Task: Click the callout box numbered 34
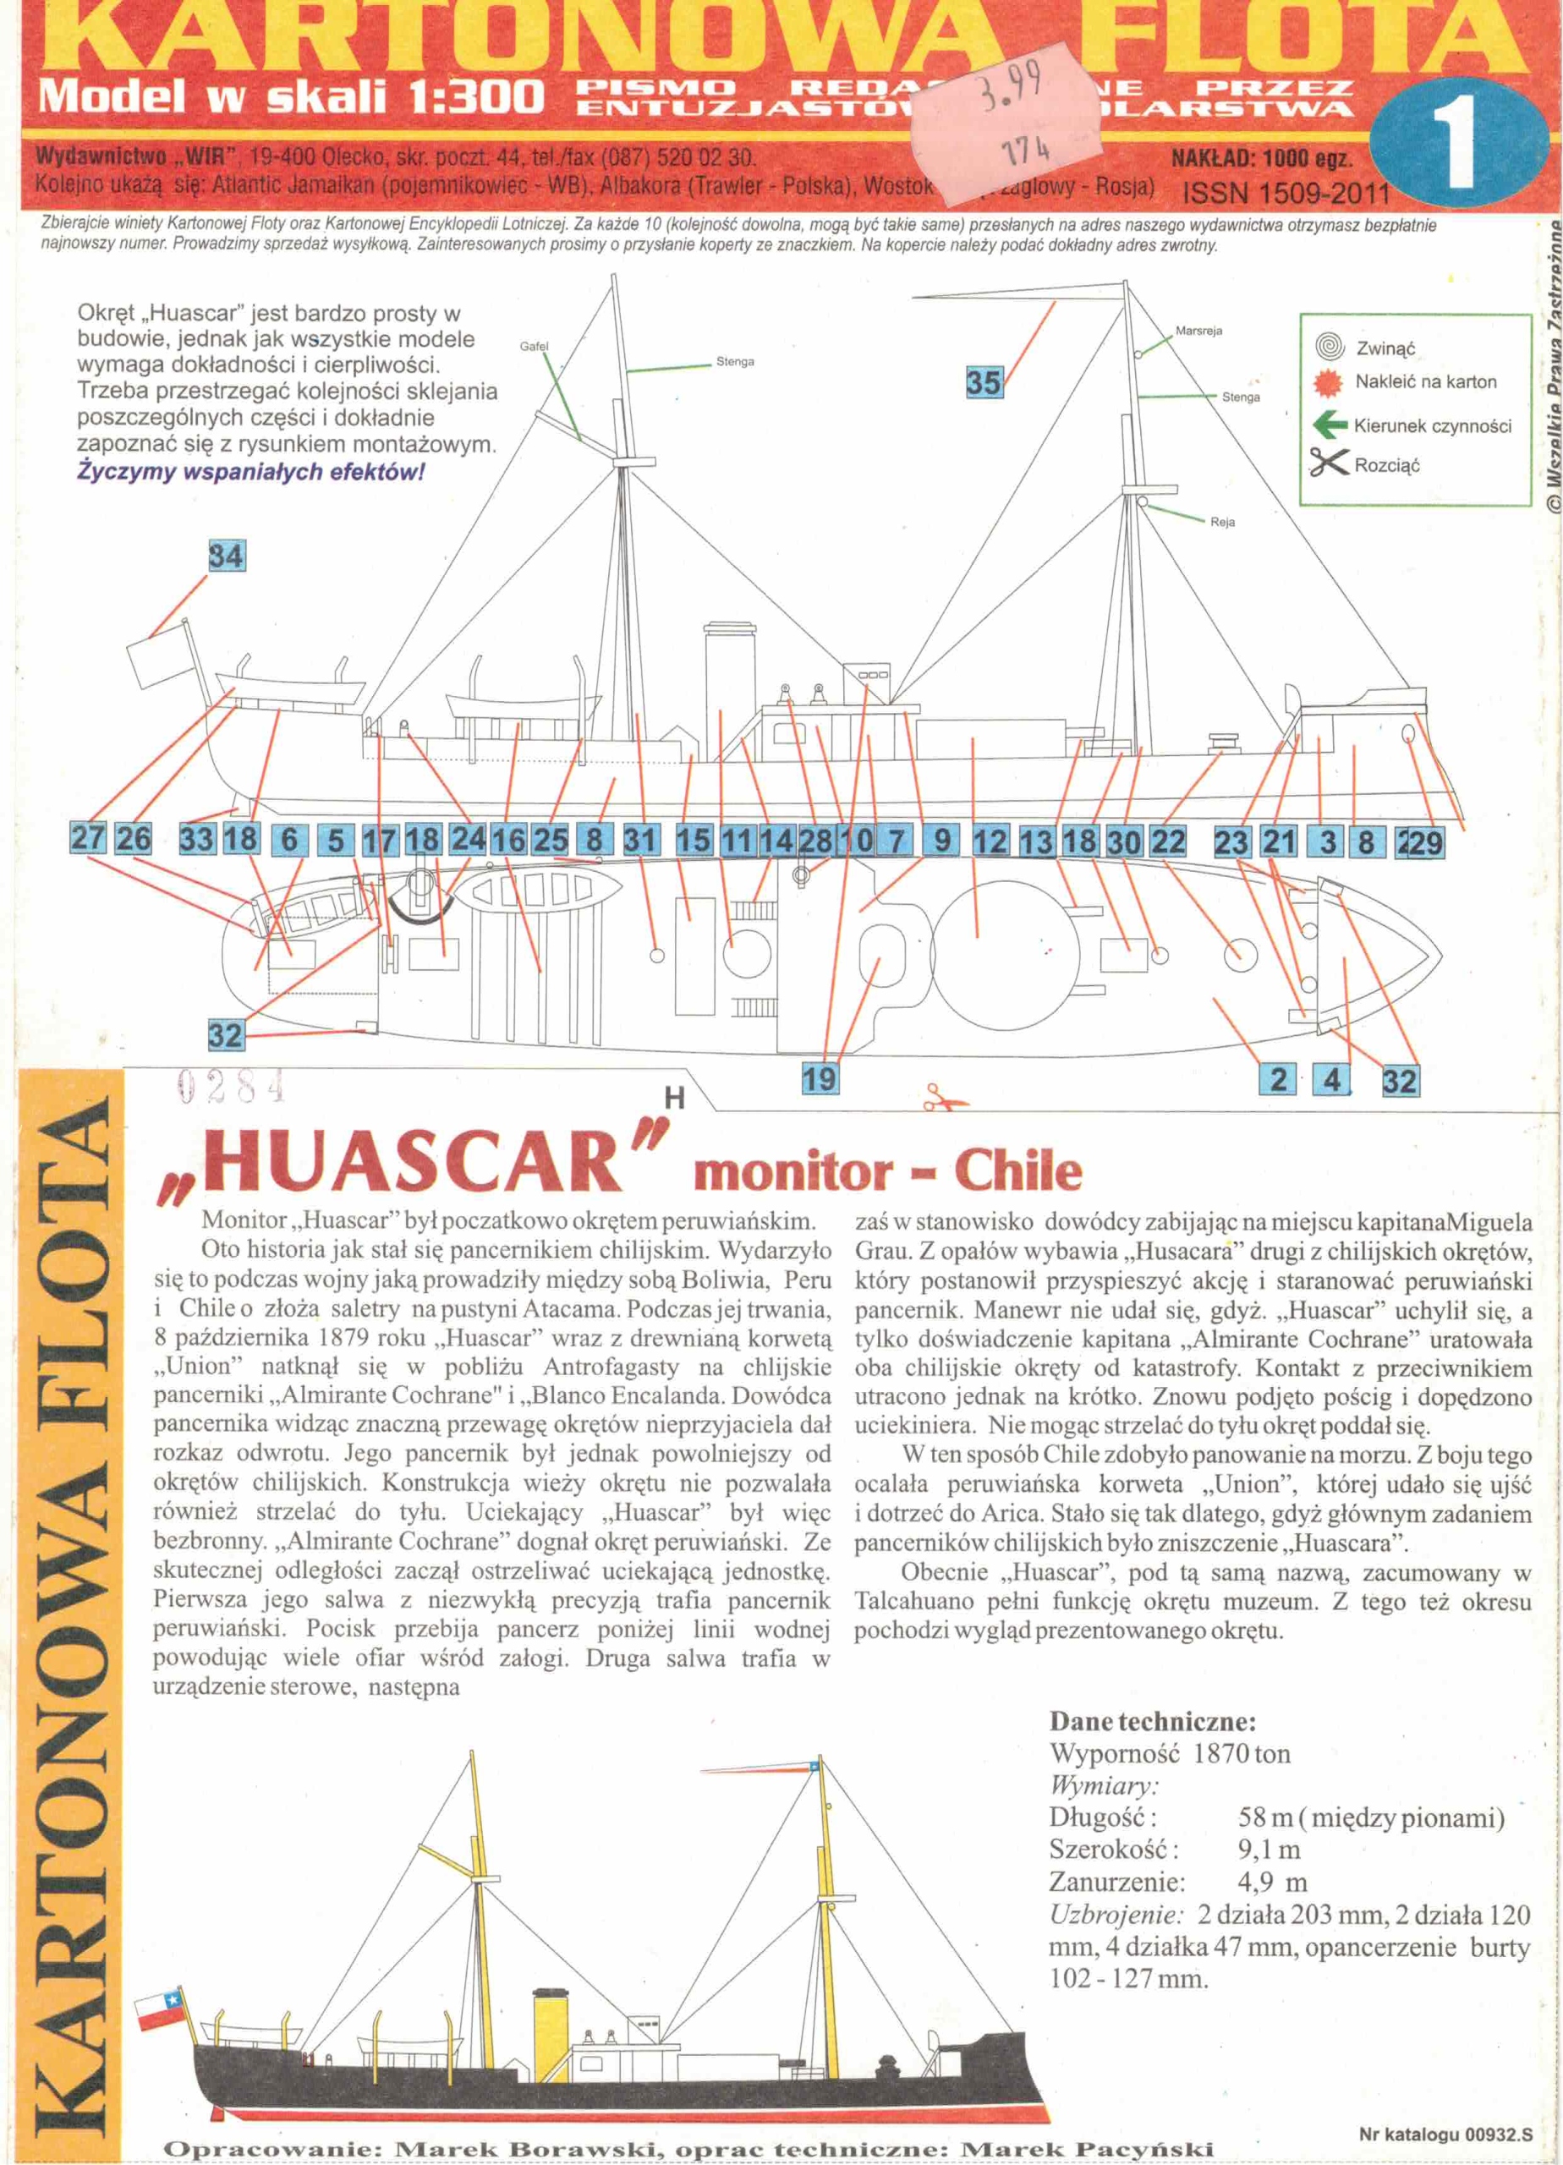[x=227, y=556]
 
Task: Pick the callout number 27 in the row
[x=88, y=838]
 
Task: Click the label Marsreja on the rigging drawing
[x=1198, y=331]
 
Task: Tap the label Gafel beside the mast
[x=534, y=346]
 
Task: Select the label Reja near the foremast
[x=1222, y=522]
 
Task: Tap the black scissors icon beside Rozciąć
[x=1328, y=464]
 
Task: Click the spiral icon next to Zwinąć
[x=1329, y=347]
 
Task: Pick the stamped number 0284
[x=231, y=1085]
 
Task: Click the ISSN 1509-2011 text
[x=1286, y=195]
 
